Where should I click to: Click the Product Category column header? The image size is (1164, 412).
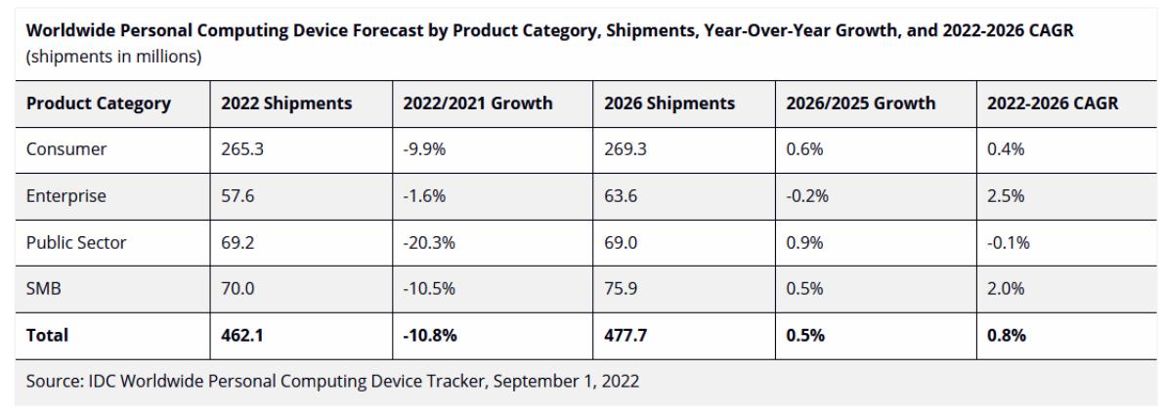point(99,103)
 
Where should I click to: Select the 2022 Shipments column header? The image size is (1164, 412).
point(286,103)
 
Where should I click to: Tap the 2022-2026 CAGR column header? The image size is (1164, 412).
point(1053,103)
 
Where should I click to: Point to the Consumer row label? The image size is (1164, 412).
point(66,149)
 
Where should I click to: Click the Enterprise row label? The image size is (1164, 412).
point(66,196)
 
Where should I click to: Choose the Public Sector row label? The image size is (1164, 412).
point(76,243)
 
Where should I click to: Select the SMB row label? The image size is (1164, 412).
point(44,289)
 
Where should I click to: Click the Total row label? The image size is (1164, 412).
point(48,335)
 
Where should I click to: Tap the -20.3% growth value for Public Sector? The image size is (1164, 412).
point(429,243)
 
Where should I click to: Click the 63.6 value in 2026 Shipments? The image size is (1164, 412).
point(622,196)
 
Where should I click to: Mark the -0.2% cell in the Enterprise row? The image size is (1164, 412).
point(807,196)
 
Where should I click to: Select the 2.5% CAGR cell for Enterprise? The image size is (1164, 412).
point(1006,196)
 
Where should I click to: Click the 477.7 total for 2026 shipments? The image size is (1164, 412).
point(626,335)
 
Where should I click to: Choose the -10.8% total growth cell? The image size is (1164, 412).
point(430,335)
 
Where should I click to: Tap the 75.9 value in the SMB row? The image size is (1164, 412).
point(622,289)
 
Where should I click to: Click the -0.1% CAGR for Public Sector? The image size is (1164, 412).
point(1009,243)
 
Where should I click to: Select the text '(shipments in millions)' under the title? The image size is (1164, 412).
point(113,57)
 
